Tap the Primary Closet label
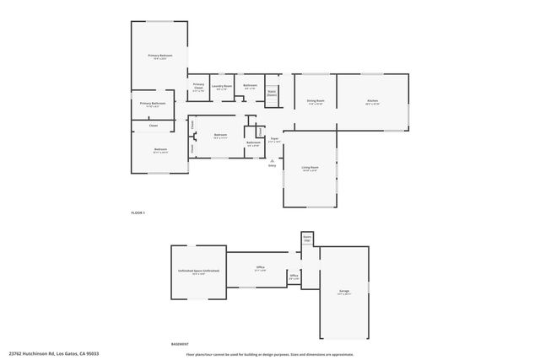coord(198,86)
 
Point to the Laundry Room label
coord(223,86)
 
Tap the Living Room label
coord(310,168)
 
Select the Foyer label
coord(273,139)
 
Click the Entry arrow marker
coord(273,163)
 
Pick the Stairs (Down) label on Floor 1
coord(272,94)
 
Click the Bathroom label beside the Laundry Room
coord(251,86)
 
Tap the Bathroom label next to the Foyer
coord(253,143)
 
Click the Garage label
coord(344,292)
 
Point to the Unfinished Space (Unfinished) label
coord(198,271)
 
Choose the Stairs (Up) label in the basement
coord(307,238)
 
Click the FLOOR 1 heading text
coord(138,212)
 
